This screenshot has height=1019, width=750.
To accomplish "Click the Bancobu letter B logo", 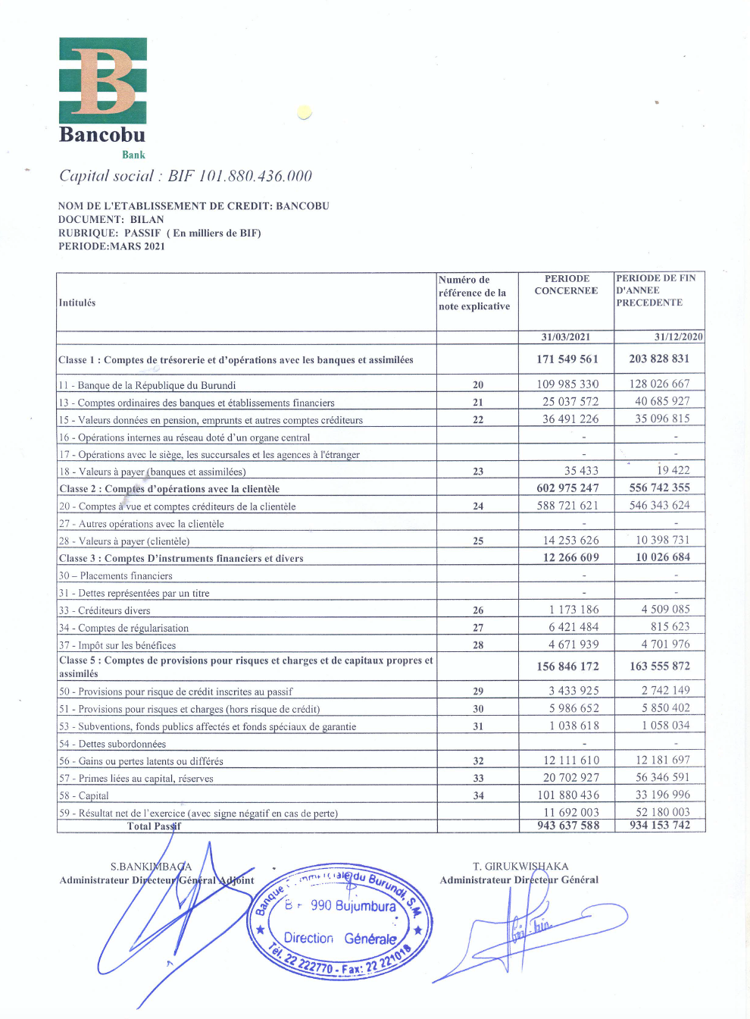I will click(x=103, y=80).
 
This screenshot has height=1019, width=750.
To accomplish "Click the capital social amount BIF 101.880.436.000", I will click(x=239, y=176).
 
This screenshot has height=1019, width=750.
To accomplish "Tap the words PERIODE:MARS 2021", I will click(x=111, y=246).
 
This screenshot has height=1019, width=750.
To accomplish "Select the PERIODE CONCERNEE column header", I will click(x=566, y=284).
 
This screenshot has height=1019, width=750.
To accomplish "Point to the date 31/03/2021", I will click(x=566, y=337).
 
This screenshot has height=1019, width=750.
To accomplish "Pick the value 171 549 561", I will click(x=567, y=359).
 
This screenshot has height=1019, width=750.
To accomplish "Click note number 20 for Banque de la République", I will click(x=478, y=385).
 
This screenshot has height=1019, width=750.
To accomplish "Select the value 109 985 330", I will click(x=567, y=384).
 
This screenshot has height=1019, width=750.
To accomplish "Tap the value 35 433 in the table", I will click(x=581, y=471).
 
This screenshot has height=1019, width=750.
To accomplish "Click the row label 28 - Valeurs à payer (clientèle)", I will click(x=124, y=541).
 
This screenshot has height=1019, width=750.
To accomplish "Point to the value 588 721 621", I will click(x=567, y=506).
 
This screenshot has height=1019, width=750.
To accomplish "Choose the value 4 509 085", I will click(x=665, y=609).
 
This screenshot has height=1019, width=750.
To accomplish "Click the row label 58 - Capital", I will click(x=84, y=796).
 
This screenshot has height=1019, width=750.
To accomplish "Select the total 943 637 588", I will click(x=568, y=826).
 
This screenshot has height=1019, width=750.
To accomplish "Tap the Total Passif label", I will click(x=154, y=826).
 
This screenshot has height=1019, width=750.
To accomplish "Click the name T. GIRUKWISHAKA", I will click(x=520, y=866).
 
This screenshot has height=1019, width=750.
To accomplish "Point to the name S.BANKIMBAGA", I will click(x=151, y=866).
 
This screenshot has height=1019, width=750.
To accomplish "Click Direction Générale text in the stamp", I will click(x=340, y=939).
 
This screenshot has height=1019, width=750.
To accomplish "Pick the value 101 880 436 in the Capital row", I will click(x=568, y=795).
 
